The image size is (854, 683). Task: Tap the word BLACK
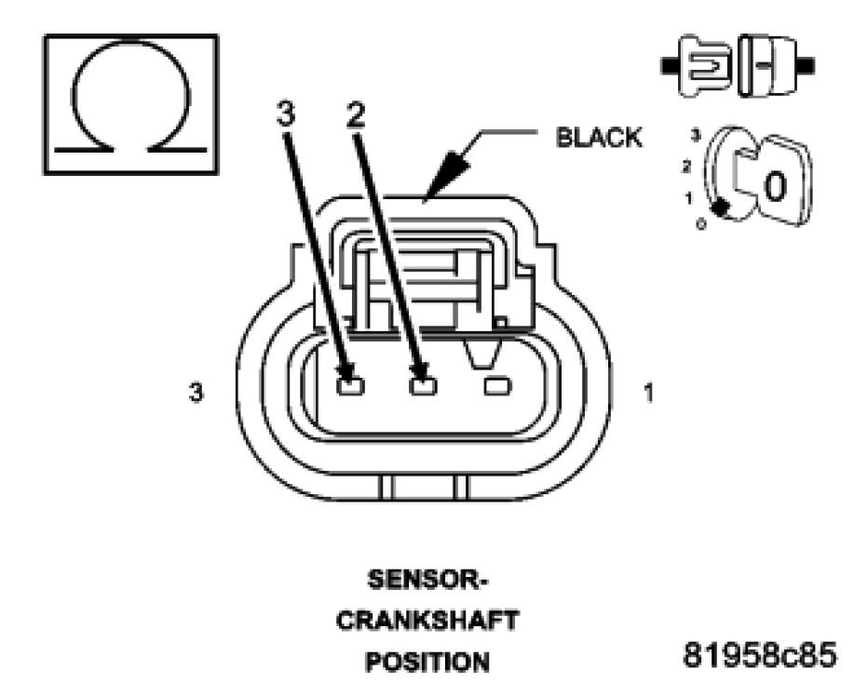click(x=598, y=138)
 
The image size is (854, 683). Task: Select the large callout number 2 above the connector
click(x=355, y=114)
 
